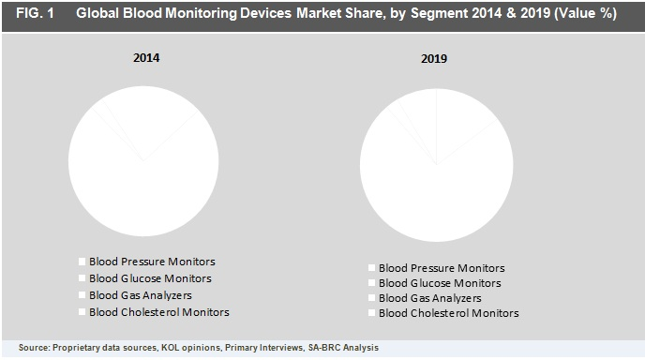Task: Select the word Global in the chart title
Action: pos(98,15)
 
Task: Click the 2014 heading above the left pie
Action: pos(145,58)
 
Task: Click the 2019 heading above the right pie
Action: pos(433,59)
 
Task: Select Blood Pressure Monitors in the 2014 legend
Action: pos(158,262)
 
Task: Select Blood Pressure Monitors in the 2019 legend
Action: pos(448,267)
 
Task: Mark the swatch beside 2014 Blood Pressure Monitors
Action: pos(82,262)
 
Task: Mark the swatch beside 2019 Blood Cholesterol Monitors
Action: pos(372,313)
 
